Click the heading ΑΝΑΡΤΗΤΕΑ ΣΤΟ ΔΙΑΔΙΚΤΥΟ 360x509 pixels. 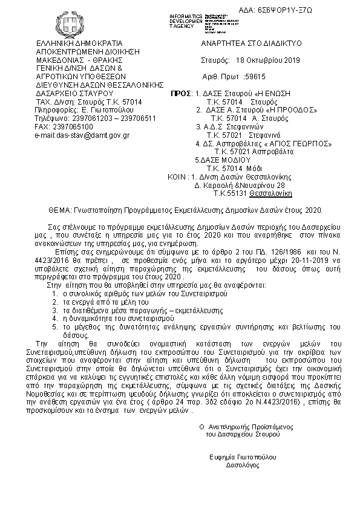(x=251, y=44)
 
